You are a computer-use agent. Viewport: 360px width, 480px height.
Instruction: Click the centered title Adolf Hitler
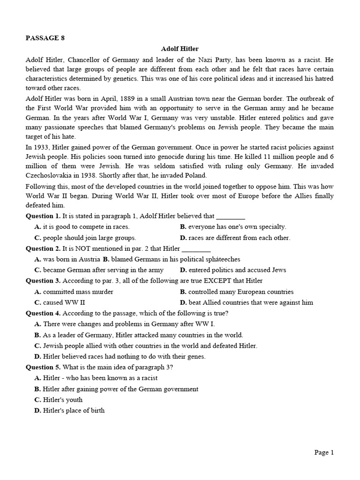pos(180,49)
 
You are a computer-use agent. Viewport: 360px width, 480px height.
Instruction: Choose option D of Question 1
pos(235,238)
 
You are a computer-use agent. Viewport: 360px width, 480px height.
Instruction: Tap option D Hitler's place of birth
pos(69,410)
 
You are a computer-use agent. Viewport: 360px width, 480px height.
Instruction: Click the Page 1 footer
pos(323,452)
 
